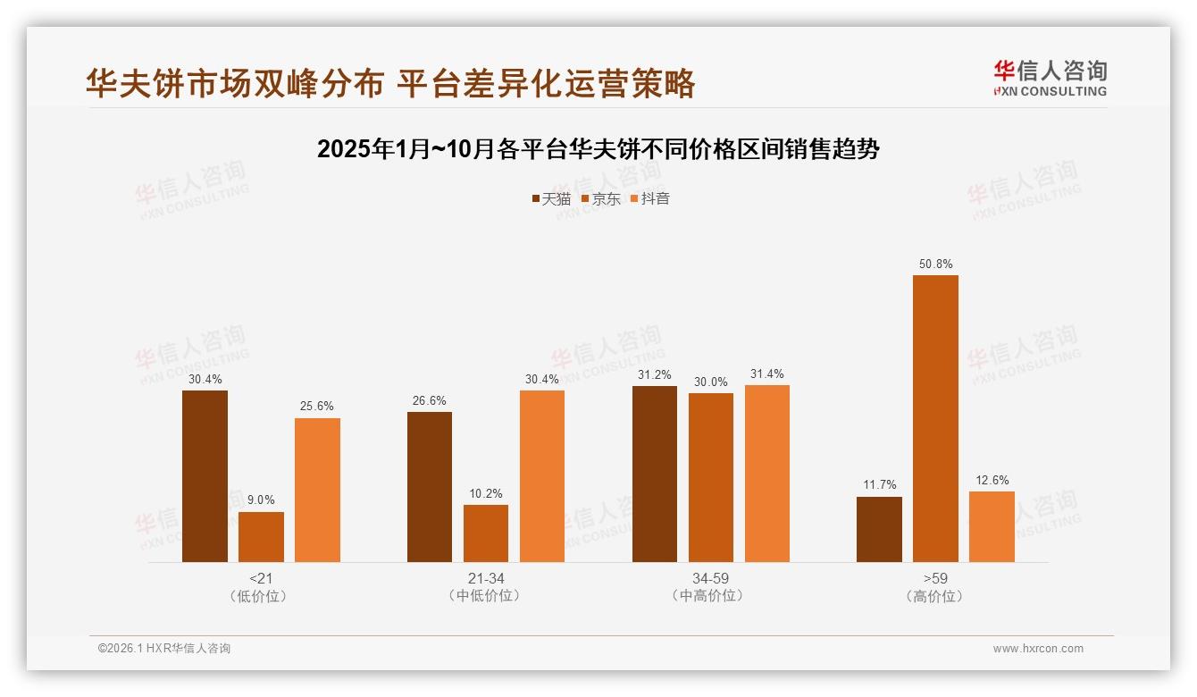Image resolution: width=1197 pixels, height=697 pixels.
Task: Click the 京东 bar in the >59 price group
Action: pyautogui.click(x=935, y=418)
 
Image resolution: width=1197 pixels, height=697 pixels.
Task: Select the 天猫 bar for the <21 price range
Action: pyautogui.click(x=205, y=476)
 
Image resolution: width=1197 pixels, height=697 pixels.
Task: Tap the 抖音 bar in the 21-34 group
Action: pyautogui.click(x=542, y=476)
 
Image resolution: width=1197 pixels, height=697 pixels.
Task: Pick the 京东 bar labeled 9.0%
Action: pyautogui.click(x=261, y=537)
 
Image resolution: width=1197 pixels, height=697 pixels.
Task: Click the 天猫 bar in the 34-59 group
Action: pyautogui.click(x=655, y=474)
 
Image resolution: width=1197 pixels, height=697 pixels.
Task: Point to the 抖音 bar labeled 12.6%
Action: pyautogui.click(x=992, y=526)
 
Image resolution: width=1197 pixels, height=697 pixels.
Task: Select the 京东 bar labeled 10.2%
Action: pyautogui.click(x=486, y=533)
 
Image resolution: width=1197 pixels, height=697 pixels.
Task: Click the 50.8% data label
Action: pyautogui.click(x=935, y=265)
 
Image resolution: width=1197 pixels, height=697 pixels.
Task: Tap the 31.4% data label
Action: pyautogui.click(x=766, y=374)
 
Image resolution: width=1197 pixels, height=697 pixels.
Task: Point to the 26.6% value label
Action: pyautogui.click(x=430, y=401)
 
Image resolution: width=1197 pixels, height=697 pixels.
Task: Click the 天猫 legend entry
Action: pyautogui.click(x=551, y=199)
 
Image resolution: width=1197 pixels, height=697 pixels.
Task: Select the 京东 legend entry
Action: pyautogui.click(x=600, y=199)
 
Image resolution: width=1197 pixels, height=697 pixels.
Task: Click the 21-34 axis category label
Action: pyautogui.click(x=486, y=578)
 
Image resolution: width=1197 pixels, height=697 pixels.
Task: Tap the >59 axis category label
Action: pyautogui.click(x=935, y=578)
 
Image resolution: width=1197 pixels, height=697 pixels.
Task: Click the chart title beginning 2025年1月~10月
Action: pyautogui.click(x=598, y=149)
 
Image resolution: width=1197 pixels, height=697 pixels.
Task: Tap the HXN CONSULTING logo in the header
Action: pyautogui.click(x=1050, y=79)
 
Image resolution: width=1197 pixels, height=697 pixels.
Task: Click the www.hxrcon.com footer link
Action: pyautogui.click(x=1038, y=649)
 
